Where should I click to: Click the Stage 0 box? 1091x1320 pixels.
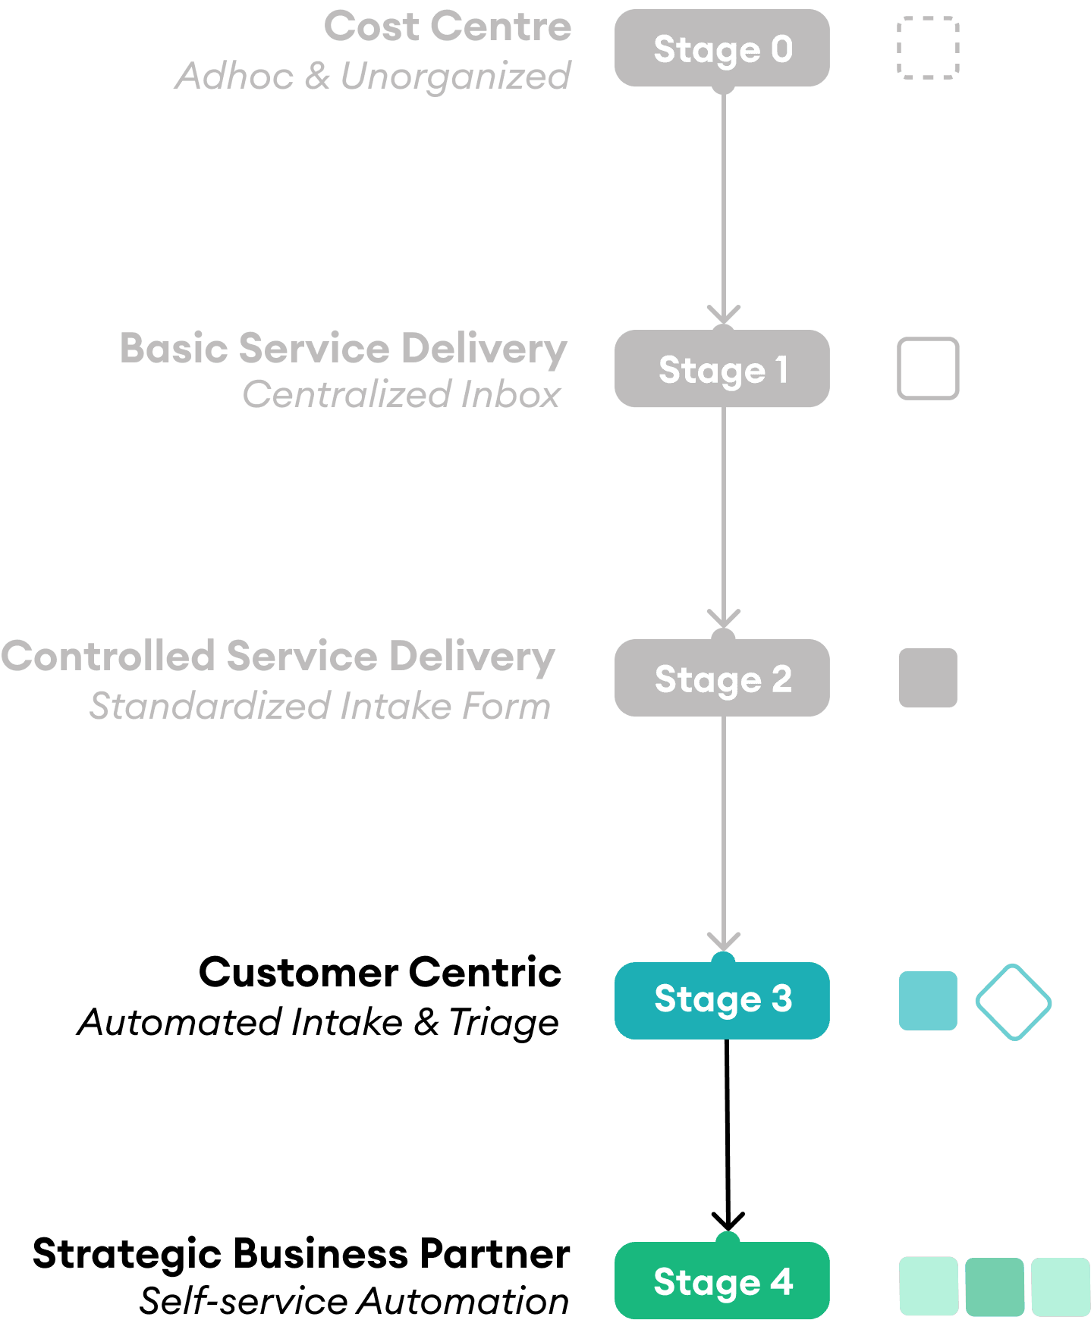[722, 49]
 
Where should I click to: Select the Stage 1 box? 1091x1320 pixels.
[722, 369]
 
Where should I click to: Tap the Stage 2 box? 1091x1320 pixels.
[722, 678]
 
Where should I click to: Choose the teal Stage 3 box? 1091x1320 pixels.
[722, 1000]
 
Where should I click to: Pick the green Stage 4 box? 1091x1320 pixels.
[722, 1281]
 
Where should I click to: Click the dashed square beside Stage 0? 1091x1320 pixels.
[928, 48]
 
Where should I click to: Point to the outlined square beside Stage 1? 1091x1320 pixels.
[928, 368]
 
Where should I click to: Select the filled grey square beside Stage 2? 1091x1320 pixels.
[928, 678]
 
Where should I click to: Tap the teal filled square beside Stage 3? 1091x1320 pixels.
[928, 1001]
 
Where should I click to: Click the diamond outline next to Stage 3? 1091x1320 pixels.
[1013, 1002]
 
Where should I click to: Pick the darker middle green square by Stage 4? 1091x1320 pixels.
[995, 1286]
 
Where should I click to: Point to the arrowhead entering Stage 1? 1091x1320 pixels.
[724, 315]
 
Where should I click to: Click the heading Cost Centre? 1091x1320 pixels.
[448, 27]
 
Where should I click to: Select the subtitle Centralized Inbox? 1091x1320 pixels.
[401, 395]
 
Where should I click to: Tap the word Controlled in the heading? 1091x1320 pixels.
[108, 657]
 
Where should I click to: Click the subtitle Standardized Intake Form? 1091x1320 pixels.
[320, 706]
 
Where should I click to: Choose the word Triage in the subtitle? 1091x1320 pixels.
[503, 1023]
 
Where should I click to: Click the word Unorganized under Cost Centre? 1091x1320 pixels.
[455, 76]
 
